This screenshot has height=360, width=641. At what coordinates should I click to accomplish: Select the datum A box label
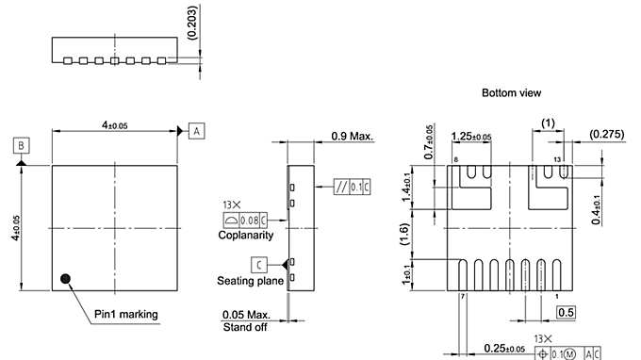tap(195, 131)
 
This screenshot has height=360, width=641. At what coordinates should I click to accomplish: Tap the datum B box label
tap(21, 145)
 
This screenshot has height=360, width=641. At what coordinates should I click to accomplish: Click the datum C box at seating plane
tap(257, 263)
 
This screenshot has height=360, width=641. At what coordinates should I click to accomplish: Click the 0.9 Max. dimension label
tap(353, 136)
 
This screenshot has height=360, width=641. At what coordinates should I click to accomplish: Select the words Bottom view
tap(511, 93)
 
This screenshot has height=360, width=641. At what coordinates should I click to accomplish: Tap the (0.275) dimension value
tap(607, 136)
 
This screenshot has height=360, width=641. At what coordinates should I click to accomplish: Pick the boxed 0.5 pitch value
tap(567, 312)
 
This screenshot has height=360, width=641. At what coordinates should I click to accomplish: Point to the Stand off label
tap(244, 327)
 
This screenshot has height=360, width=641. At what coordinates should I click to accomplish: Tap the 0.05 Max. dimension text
tap(246, 315)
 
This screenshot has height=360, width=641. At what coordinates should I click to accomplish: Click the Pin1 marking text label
tap(126, 314)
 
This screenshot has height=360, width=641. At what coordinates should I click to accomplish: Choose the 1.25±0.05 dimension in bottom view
tap(472, 138)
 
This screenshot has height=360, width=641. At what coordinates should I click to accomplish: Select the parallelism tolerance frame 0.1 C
tap(352, 186)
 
